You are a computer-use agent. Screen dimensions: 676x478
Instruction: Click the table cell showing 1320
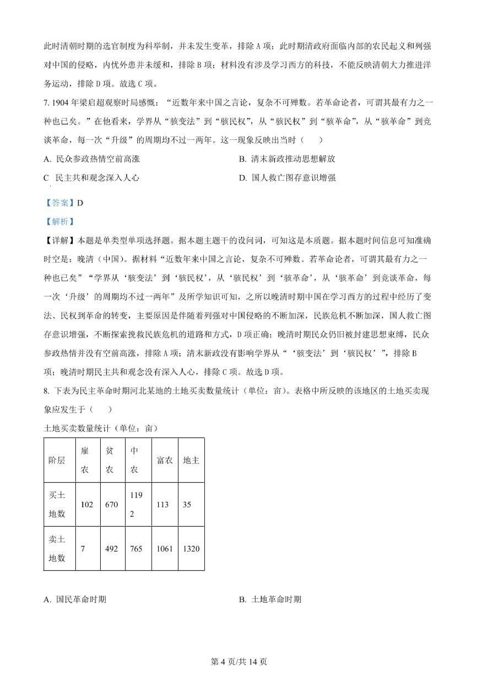tap(191, 549)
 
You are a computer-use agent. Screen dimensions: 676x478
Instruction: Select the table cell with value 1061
tap(164, 549)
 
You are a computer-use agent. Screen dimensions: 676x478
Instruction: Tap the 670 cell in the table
tap(112, 504)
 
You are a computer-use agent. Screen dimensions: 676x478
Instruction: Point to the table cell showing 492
tap(112, 549)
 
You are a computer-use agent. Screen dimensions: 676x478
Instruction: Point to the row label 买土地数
tap(57, 504)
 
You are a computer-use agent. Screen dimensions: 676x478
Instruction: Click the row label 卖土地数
tap(57, 549)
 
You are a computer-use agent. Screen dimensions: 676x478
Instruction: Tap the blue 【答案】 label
tap(60, 203)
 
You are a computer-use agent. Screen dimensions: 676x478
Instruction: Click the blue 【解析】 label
tap(60, 221)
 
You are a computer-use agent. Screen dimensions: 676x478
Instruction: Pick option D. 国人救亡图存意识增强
tap(287, 177)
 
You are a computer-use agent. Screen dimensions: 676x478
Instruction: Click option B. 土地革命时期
tap(270, 599)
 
